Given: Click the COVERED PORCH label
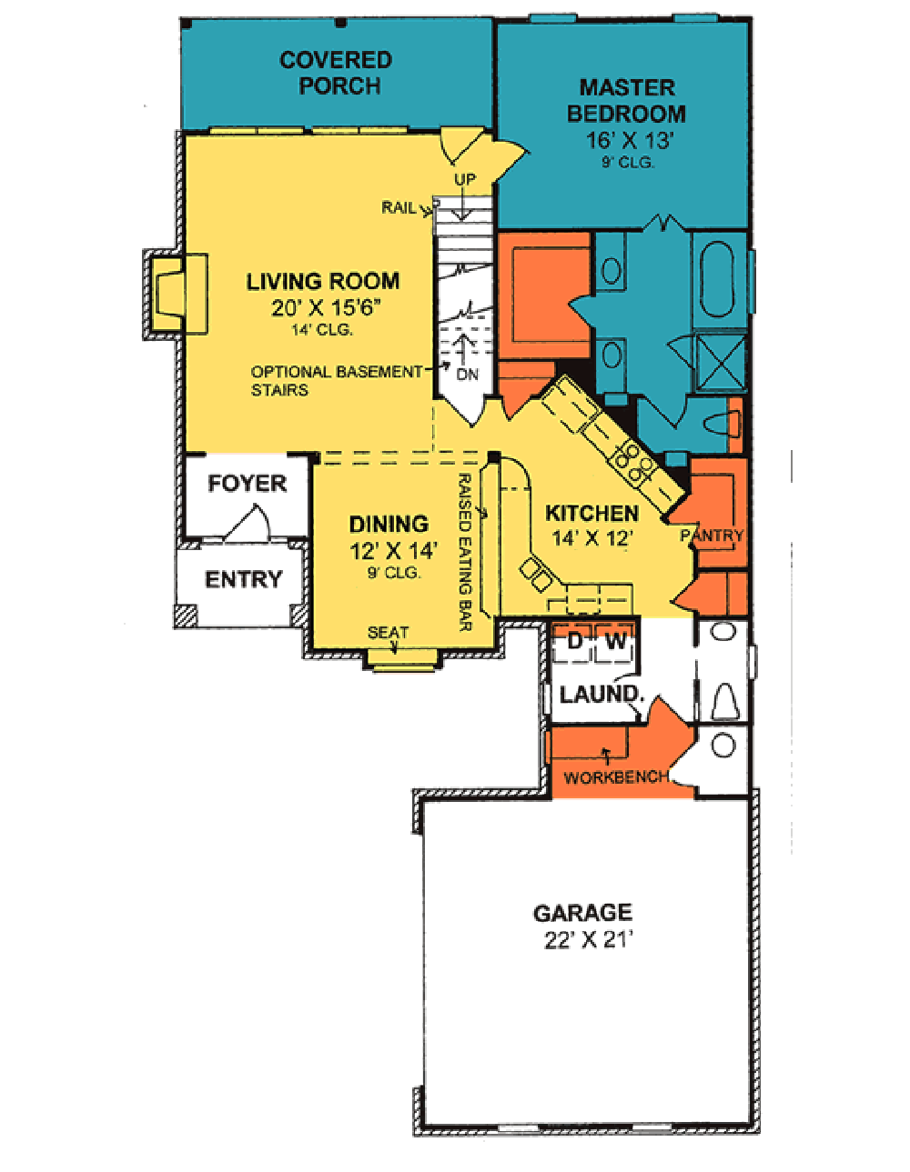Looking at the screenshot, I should click(x=336, y=73).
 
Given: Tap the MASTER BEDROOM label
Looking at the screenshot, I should click(x=627, y=101).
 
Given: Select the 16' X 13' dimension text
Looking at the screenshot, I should click(x=629, y=140).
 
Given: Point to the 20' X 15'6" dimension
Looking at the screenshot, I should click(x=325, y=307).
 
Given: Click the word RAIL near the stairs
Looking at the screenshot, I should click(x=398, y=208).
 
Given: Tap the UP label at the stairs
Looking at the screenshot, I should click(x=465, y=180).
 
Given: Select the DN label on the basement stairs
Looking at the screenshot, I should click(x=467, y=374).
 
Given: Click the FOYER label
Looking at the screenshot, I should click(x=247, y=484).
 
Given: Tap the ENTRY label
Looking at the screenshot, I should click(x=243, y=579).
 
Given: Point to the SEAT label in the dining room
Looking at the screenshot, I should click(x=388, y=632).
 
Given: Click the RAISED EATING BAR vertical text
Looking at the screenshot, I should click(x=464, y=552).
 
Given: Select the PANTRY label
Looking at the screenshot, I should click(x=712, y=536).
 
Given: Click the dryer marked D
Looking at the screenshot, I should click(x=574, y=642).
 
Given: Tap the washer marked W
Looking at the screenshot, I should click(x=615, y=642).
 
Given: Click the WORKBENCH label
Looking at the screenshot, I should click(x=616, y=777).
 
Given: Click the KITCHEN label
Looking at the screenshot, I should click(x=591, y=514).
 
